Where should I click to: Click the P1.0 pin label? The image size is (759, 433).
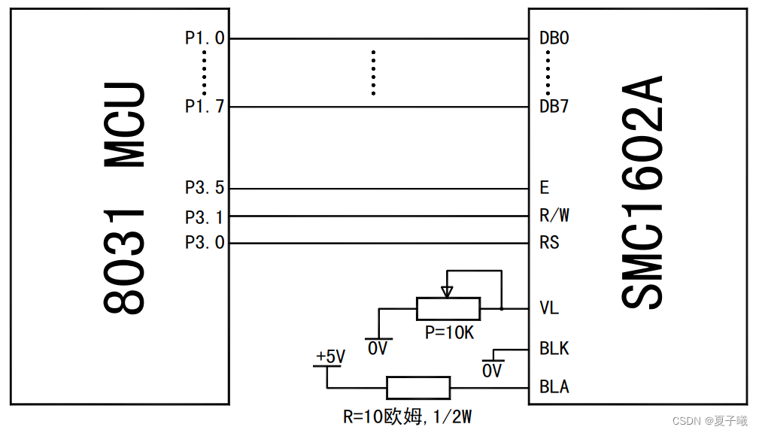[205, 38]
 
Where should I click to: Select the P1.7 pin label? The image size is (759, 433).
[205, 107]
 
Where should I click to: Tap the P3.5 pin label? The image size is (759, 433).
[205, 189]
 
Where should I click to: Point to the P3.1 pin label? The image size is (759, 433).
[205, 217]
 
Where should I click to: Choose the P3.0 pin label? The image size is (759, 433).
[205, 243]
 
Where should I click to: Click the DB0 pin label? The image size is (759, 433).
[554, 38]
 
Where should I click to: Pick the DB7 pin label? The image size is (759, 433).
[554, 107]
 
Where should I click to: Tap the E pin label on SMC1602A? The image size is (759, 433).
[544, 189]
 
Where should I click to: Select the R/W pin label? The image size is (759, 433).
[554, 216]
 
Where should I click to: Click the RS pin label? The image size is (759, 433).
[549, 243]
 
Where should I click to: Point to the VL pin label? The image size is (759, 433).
[549, 308]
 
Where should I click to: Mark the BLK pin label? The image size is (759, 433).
[554, 349]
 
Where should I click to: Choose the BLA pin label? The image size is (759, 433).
[554, 387]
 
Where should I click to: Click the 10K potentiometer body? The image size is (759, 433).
[448, 308]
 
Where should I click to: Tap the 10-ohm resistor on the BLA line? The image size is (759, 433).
[418, 388]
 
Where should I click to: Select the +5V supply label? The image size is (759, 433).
[330, 356]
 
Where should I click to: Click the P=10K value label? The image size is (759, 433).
[449, 332]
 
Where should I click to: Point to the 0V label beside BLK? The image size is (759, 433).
[492, 371]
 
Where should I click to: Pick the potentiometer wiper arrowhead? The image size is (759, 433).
[448, 291]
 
